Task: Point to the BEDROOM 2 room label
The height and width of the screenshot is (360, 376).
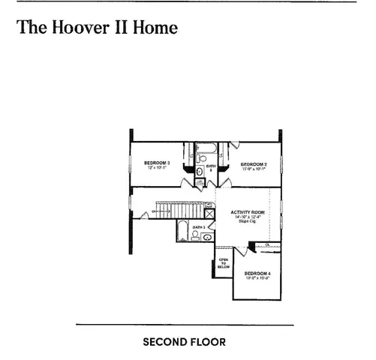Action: point(253,164)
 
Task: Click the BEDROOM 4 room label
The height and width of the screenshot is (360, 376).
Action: point(257,273)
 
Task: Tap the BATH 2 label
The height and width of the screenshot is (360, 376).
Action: point(212,167)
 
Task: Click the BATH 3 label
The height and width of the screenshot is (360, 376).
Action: point(198,227)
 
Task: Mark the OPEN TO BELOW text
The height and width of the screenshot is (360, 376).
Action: point(223,262)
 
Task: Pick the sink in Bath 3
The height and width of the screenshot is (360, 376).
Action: point(206,237)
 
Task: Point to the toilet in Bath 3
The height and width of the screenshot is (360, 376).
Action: point(195,236)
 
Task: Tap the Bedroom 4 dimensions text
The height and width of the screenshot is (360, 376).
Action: point(257,278)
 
